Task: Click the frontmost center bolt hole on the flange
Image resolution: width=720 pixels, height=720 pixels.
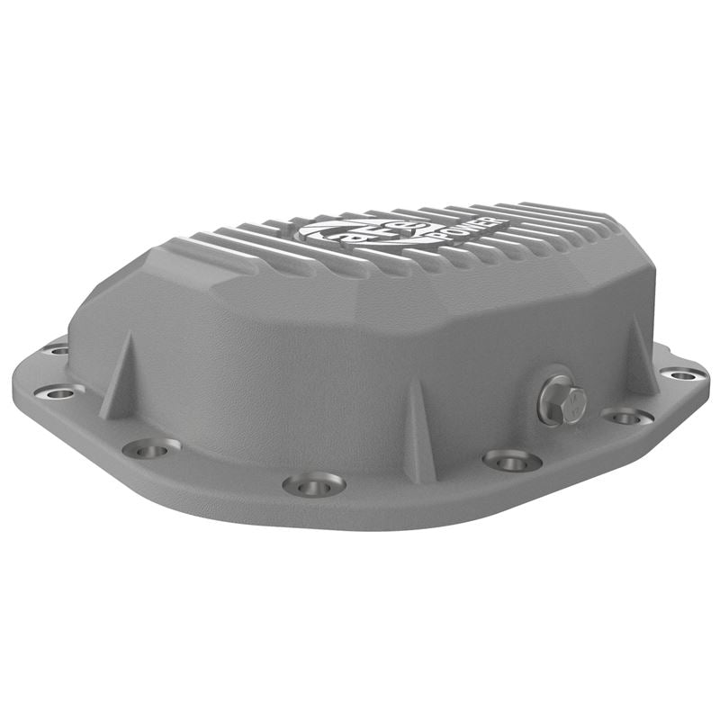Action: tap(314, 483)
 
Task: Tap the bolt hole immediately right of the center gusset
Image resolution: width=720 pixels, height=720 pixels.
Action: tap(511, 460)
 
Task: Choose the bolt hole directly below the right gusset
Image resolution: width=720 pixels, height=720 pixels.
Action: tap(626, 416)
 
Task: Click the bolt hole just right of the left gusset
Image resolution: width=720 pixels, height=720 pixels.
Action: tap(151, 446)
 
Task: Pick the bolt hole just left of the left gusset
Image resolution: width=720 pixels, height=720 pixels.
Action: tap(59, 391)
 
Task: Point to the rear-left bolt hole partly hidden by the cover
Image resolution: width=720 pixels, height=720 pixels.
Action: tap(56, 349)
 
